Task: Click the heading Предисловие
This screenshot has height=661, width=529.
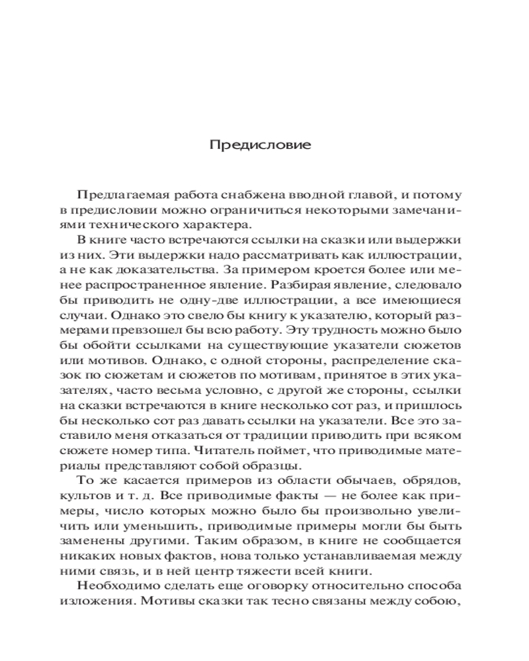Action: pos(260,145)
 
